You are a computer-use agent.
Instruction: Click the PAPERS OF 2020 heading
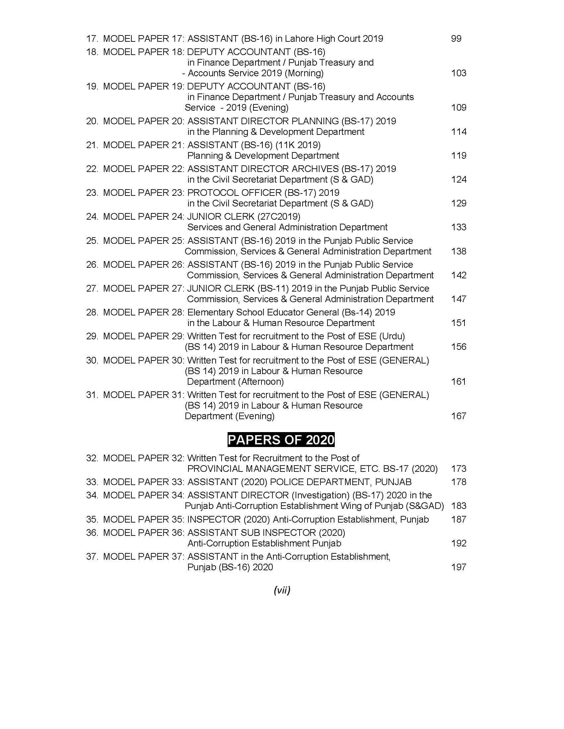pos(281,440)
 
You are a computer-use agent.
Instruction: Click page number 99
pos(456,39)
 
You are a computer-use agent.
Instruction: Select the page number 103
pos(458,73)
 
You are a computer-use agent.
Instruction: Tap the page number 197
pos(458,567)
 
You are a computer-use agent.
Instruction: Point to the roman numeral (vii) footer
pos(282,590)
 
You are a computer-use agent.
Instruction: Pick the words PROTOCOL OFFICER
pos(234,193)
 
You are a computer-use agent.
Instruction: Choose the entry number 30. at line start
pos(92,361)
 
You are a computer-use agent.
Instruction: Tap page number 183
pos(458,506)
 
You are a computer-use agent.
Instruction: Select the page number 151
pos(458,323)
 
